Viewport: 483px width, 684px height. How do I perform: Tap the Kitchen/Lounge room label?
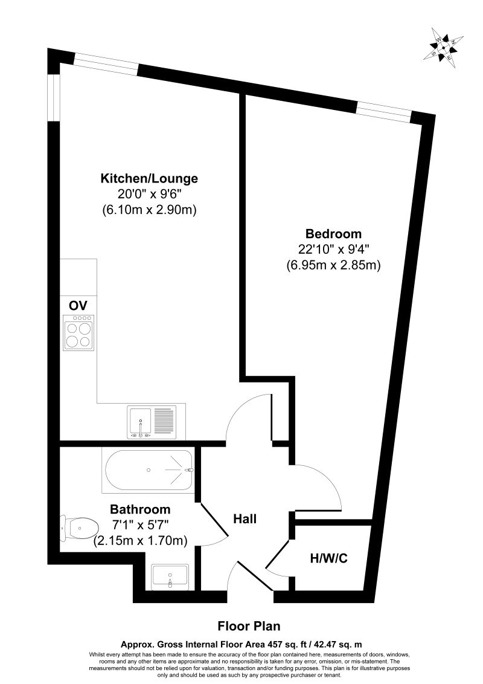pos(149,179)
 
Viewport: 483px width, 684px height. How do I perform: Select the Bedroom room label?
pos(333,234)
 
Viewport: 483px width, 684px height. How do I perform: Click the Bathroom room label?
pos(140,509)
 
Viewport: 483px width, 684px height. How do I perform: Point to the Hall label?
pos(245,518)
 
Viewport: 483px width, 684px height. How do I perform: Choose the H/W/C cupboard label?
pos(328,558)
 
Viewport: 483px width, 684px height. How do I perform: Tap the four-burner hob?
pos(78,333)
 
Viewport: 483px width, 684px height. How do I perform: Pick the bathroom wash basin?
pos(170,576)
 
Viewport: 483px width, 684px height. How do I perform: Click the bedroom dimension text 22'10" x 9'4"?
pos(333,250)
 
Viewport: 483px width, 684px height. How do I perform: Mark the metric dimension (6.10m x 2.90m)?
pos(149,210)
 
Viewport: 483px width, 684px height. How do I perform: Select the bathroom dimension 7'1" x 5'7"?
pos(140,525)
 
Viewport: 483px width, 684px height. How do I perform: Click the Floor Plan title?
pos(249,626)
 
